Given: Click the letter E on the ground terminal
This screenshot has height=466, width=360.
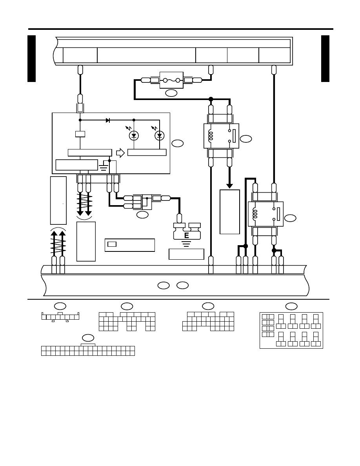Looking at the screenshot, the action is click(x=187, y=235).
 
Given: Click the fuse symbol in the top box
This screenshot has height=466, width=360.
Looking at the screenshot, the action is click(x=171, y=80).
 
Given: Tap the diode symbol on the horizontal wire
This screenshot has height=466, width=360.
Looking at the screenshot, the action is click(x=108, y=120).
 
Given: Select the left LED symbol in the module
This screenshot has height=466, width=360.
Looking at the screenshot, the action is click(x=134, y=135).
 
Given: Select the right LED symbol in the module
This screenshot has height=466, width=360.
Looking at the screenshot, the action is click(x=160, y=135).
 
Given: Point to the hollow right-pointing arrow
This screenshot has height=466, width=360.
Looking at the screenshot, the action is click(x=120, y=153).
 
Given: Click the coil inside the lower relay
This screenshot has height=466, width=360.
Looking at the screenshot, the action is click(x=255, y=214).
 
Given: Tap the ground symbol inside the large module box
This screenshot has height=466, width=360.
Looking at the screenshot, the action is click(x=104, y=167).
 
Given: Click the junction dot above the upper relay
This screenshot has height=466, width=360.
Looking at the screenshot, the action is click(x=211, y=99).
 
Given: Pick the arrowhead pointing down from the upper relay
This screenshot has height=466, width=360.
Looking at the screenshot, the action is click(x=229, y=186).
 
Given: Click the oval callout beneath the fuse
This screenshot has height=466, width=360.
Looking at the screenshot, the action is click(x=171, y=93).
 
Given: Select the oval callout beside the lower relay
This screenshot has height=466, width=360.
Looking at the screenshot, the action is click(x=290, y=218).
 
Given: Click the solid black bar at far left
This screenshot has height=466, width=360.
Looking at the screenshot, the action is click(x=31, y=58).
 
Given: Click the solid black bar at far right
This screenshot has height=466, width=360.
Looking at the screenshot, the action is click(x=325, y=58).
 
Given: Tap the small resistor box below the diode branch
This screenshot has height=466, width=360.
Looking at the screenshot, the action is click(x=80, y=134).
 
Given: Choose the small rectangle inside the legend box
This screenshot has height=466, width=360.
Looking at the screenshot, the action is click(x=112, y=244).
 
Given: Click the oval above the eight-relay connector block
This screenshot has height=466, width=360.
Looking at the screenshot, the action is click(x=291, y=306).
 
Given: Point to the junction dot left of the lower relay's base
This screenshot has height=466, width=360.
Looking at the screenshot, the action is click(x=245, y=246).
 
